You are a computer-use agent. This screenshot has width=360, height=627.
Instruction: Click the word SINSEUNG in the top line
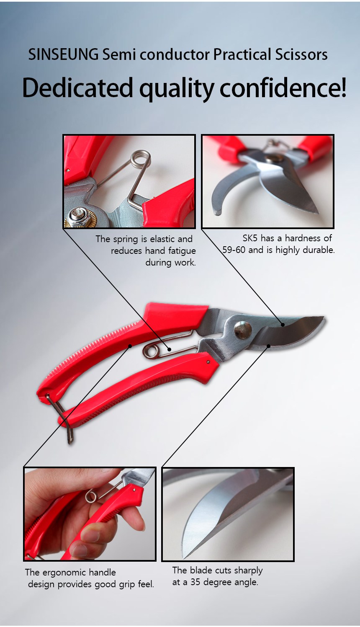(63, 54)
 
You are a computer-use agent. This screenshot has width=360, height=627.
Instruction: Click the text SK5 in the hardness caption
(250, 238)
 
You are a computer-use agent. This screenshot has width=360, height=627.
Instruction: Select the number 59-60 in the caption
(234, 250)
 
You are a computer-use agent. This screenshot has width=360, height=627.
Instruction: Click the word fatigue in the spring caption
(180, 251)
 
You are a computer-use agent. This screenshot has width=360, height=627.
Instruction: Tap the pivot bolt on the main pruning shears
(243, 329)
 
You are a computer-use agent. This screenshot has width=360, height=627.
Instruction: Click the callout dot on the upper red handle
(130, 346)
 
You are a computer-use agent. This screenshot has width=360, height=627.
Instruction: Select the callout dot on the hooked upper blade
(283, 324)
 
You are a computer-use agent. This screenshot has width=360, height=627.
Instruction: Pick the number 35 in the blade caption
(195, 582)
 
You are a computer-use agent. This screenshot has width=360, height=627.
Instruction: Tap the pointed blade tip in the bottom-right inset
(184, 555)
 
